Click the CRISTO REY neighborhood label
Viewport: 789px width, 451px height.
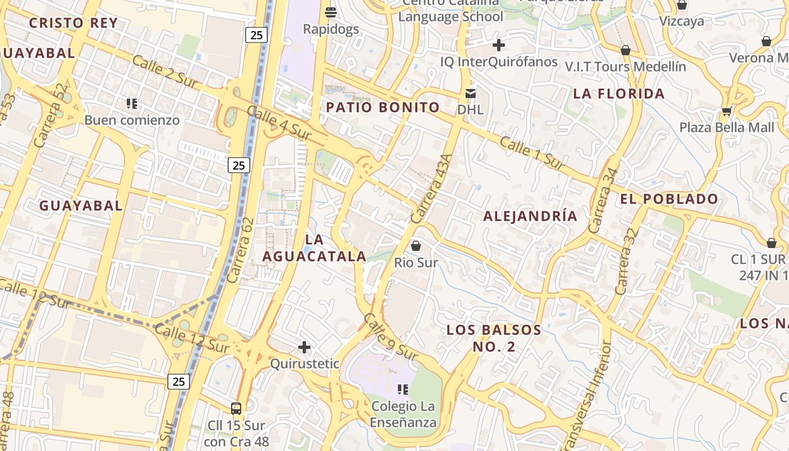coord(73,23)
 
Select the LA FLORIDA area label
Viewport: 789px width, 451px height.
coord(619,94)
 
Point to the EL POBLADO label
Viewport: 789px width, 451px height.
coord(669,199)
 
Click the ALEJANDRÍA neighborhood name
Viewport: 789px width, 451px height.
coord(530,216)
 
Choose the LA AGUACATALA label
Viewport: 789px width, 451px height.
coord(314,248)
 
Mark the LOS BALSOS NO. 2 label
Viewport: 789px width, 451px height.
coord(494,338)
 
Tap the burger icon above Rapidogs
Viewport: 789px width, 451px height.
coord(331,12)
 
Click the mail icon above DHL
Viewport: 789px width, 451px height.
coord(470,93)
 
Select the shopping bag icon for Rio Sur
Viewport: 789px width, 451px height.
coord(416,246)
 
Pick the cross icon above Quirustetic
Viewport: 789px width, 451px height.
coord(304,347)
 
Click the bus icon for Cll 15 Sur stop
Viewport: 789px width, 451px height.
coord(236,409)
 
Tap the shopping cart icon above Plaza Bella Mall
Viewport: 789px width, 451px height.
coord(726,111)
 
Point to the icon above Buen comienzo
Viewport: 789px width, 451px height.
coord(132,103)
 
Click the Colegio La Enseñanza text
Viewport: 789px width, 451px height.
coord(404,414)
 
